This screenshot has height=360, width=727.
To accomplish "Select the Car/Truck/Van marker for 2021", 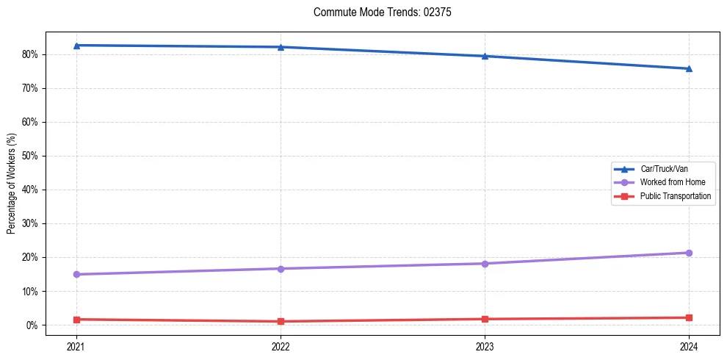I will click(x=76, y=46).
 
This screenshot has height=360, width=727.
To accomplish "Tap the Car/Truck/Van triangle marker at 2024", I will click(x=689, y=69).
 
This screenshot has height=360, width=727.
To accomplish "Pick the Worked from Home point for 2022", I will click(x=281, y=269).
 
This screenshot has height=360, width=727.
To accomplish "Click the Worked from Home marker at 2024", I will click(x=689, y=253).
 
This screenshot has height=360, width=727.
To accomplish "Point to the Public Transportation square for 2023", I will click(x=485, y=319).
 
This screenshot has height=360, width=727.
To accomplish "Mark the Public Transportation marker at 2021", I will click(x=76, y=320).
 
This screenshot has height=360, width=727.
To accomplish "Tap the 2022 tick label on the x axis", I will click(x=281, y=345).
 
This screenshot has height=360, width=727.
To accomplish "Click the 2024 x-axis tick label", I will click(x=689, y=345).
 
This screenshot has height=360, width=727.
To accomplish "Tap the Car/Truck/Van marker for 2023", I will click(x=485, y=56).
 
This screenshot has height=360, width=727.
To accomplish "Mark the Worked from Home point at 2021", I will click(x=76, y=275).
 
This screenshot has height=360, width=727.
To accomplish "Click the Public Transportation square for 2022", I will click(x=281, y=321).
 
